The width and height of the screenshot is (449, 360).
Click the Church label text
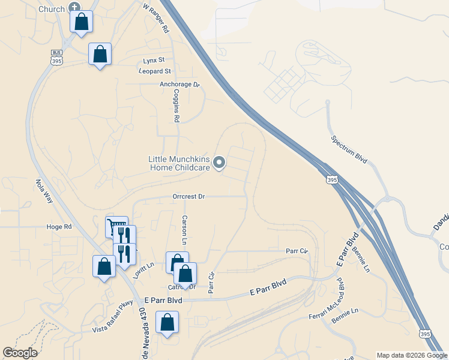[x=51, y=9]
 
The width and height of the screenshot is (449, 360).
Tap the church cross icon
[x=74, y=7]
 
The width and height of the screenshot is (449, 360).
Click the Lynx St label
[x=154, y=61]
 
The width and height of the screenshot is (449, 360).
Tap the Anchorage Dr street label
[x=179, y=85]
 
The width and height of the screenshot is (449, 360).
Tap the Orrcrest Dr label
[x=188, y=196]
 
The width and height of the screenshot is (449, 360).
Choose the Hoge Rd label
[x=59, y=227]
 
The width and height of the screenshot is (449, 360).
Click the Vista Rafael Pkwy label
[x=112, y=324]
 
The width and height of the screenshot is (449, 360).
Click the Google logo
[x=20, y=353]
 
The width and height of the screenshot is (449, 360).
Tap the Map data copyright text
[x=411, y=355]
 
